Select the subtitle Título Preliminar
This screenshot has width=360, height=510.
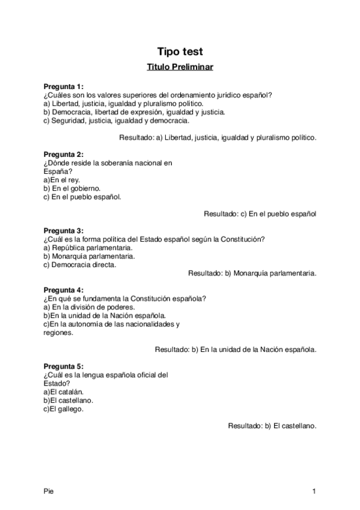pyautogui.click(x=180, y=67)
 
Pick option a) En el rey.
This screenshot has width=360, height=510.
pyautogui.click(x=62, y=180)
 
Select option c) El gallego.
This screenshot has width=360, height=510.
pyautogui.click(x=64, y=409)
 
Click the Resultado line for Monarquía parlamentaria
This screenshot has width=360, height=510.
pyautogui.click(x=252, y=273)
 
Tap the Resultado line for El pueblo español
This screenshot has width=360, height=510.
pyautogui.click(x=260, y=214)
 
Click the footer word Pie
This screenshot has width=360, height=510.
pyautogui.click(x=48, y=492)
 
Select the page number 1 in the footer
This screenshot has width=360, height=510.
pyautogui.click(x=314, y=492)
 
